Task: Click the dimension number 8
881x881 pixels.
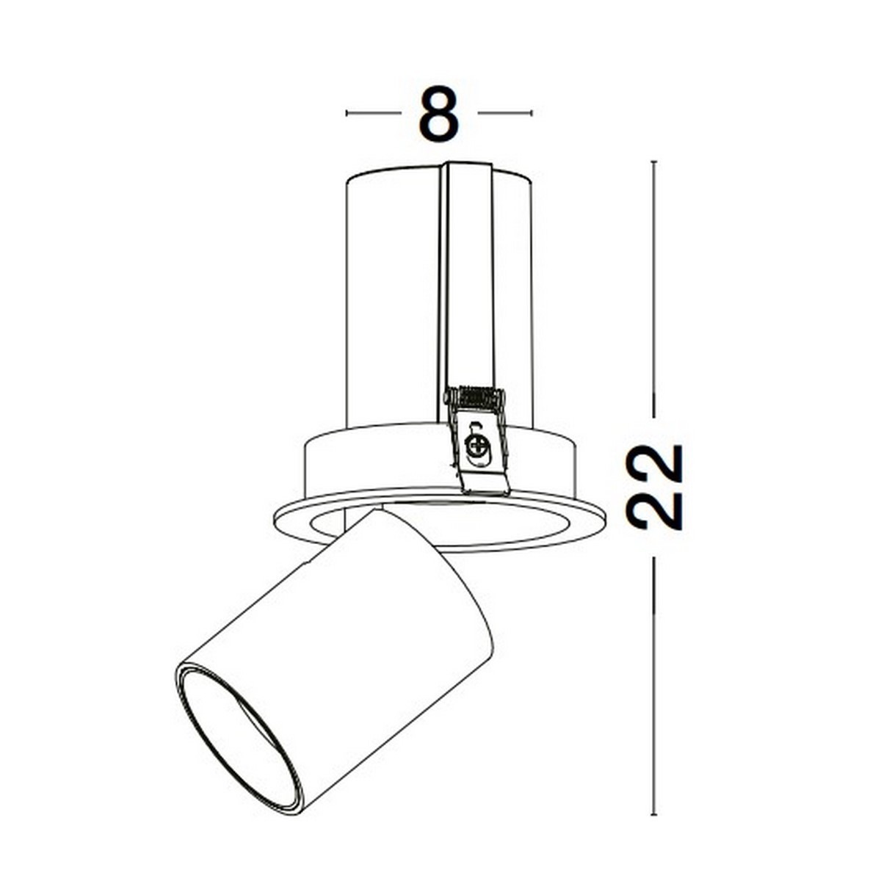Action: coord(438,114)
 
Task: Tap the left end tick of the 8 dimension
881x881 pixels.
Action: coord(347,113)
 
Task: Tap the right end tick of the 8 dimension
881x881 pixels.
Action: coord(531,113)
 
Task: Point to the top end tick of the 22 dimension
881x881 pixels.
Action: coord(653,162)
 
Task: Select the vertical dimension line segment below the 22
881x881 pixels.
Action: coord(653,683)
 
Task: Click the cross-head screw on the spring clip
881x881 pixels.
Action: coord(477,444)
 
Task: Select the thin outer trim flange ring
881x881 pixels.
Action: coord(587,525)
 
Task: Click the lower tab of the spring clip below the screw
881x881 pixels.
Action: coord(485,481)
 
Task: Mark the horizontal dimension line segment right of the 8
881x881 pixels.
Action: coord(504,113)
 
